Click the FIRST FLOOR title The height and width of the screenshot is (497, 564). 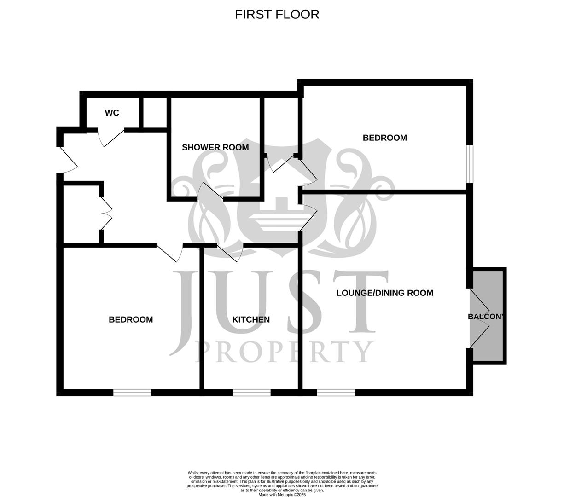277,14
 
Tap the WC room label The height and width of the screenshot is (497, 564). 112,113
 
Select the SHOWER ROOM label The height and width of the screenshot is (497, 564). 215,147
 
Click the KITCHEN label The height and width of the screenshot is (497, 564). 251,319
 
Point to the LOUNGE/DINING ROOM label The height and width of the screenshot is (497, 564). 384,293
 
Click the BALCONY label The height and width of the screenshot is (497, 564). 486,317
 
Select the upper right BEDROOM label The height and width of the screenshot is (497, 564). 384,138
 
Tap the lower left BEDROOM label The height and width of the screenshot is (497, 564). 131,319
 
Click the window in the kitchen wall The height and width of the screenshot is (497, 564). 251,393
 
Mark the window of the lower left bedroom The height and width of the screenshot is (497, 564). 132,393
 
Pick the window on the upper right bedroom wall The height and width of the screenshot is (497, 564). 469,164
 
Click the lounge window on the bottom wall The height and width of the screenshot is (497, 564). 336,393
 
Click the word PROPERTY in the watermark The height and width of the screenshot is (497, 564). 285,352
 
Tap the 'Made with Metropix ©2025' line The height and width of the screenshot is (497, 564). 282,495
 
